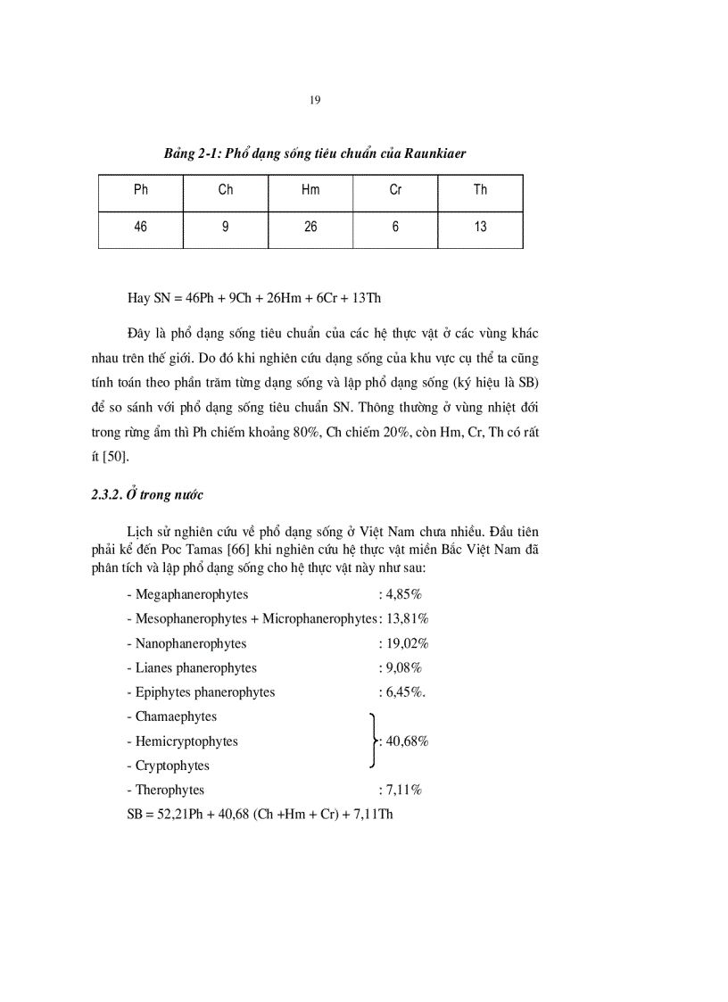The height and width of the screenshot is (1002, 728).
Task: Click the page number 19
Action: [315, 100]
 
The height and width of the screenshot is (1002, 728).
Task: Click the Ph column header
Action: [141, 190]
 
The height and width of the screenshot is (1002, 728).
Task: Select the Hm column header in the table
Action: [310, 190]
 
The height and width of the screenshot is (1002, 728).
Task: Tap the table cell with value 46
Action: [141, 228]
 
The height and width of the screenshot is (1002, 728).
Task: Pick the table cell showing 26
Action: [310, 228]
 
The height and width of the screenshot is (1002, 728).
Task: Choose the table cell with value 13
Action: [480, 228]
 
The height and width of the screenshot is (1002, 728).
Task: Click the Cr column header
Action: [395, 190]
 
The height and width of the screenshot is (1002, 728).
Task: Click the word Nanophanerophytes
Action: [191, 643]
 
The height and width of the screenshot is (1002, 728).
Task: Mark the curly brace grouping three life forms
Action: [372, 741]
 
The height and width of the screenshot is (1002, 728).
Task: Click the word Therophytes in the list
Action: [170, 790]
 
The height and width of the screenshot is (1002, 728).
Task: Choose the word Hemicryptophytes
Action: [186, 741]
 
